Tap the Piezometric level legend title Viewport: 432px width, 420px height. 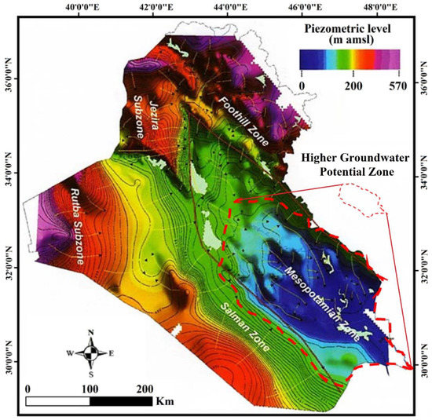pos(350,36)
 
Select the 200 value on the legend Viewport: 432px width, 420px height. pos(352,86)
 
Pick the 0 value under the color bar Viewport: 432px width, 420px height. pos(302,86)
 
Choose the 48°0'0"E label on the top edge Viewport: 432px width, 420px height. pos(379,9)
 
